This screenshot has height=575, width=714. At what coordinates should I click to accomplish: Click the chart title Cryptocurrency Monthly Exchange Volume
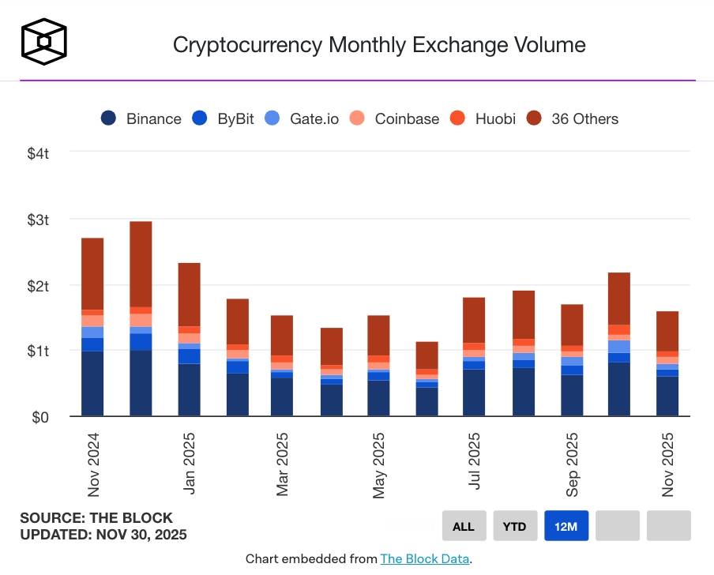click(379, 44)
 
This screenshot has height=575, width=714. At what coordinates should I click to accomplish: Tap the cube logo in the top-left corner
click(43, 40)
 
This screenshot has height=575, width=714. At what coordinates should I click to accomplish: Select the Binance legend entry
click(142, 118)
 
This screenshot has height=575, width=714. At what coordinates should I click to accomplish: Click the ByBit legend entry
click(225, 118)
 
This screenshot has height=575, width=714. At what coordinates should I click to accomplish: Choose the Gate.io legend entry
click(303, 118)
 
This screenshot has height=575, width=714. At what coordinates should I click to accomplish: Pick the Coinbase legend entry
click(396, 118)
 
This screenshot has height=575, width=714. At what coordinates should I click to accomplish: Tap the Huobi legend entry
click(483, 118)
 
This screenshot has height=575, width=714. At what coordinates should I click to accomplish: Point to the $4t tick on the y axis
click(37, 152)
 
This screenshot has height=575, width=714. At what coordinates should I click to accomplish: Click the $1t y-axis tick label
click(37, 351)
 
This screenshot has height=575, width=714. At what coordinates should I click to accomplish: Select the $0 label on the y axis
click(40, 417)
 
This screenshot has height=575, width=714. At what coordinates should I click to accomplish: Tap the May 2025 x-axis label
click(380, 465)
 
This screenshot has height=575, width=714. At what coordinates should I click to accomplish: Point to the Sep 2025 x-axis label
click(572, 465)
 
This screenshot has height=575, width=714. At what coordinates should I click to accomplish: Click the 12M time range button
click(566, 526)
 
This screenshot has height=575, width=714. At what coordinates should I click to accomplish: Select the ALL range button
click(464, 526)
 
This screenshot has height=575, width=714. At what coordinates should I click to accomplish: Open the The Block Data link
click(425, 559)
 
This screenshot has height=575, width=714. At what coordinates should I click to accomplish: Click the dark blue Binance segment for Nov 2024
click(92, 384)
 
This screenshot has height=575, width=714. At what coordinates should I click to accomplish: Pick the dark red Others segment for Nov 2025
click(667, 331)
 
